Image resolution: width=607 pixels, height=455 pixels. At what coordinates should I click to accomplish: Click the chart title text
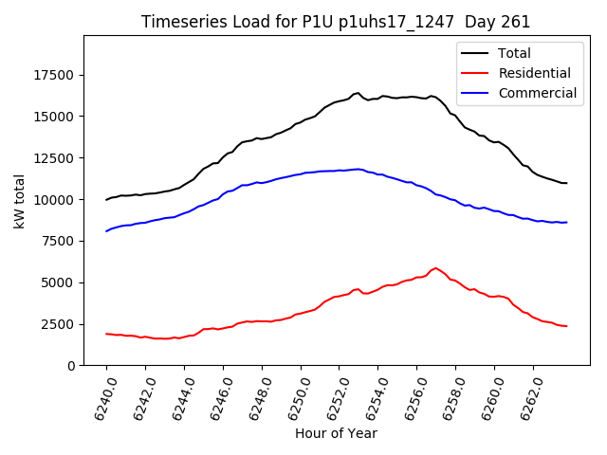(336, 22)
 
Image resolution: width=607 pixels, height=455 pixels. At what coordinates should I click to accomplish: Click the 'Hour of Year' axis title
(336, 434)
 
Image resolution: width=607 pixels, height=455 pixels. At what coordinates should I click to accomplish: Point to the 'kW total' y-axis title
(19, 200)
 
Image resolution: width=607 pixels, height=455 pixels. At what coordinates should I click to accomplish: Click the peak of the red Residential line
(435, 268)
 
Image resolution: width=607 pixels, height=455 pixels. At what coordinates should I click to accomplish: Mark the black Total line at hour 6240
(107, 199)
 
